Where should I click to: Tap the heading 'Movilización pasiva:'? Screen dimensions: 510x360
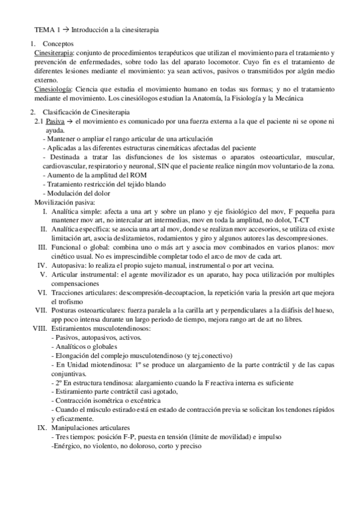pos(64,203)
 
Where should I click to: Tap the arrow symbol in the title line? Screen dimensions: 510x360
pos(66,28)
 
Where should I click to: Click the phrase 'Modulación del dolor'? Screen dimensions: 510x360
pos(78,193)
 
